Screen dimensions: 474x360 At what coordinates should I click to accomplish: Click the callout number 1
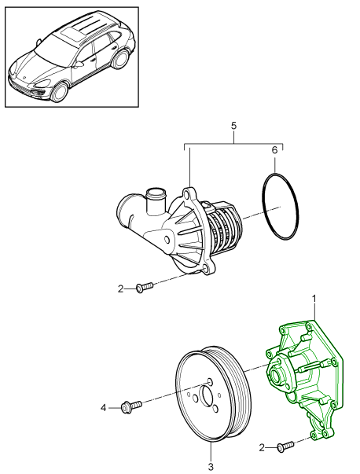pyautogui.click(x=315, y=299)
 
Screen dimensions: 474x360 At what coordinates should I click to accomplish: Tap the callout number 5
pyautogui.click(x=233, y=124)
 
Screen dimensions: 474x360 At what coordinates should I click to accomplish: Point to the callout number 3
pyautogui.click(x=211, y=467)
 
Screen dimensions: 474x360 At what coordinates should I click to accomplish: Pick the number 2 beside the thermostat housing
pyautogui.click(x=121, y=289)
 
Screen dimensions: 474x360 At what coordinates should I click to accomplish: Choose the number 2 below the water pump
pyautogui.click(x=263, y=447)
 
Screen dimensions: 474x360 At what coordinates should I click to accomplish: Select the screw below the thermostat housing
pyautogui.click(x=144, y=288)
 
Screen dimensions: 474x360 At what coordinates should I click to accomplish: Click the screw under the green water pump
pyautogui.click(x=285, y=446)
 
